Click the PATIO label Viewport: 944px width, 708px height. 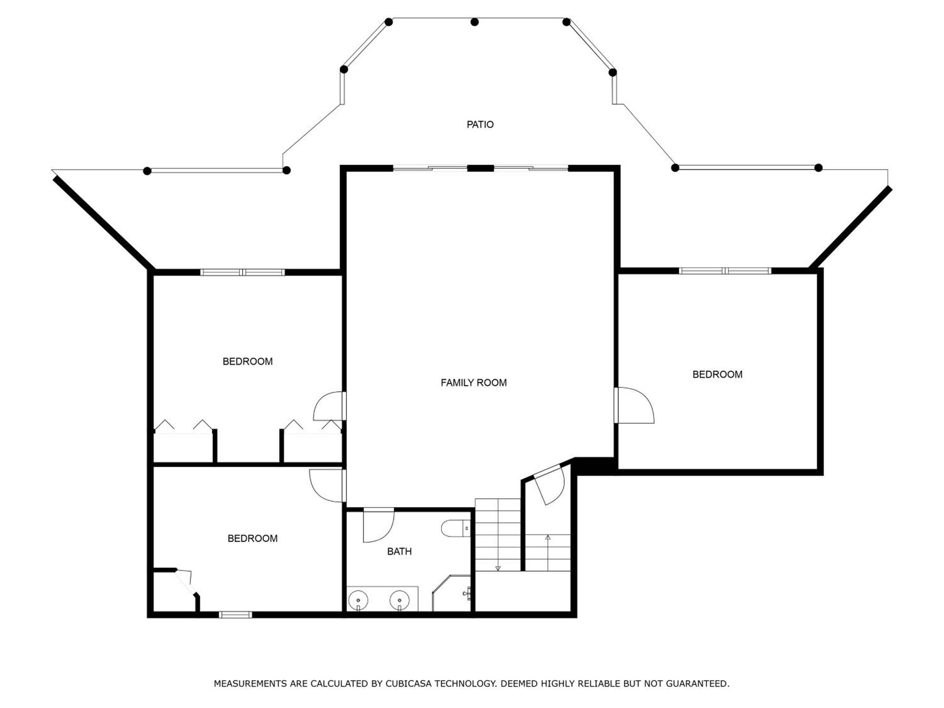coord(480,125)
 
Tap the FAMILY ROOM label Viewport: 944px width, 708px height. coord(474,383)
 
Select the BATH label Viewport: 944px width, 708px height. coord(399,551)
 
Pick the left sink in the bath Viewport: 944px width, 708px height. coord(358,600)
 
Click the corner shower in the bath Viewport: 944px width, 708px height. coord(452,593)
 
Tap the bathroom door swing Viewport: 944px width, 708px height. coord(379,526)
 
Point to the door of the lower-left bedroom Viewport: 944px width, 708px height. coord(327,486)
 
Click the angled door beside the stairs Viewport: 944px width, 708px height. coord(551,485)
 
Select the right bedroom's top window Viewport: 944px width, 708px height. coord(725,271)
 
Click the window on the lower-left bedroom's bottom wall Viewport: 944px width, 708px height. coord(236,615)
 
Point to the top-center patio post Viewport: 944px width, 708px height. coord(475,22)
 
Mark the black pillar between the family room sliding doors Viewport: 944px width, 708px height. coord(480,168)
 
